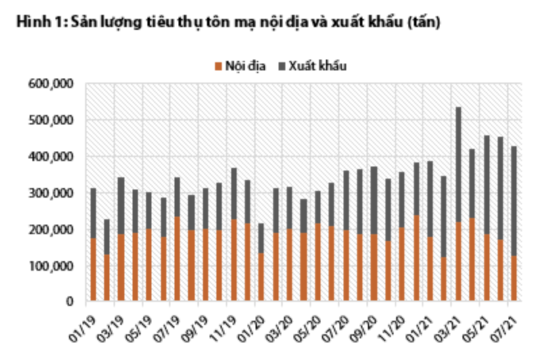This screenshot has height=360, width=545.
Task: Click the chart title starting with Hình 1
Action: coord(222,22)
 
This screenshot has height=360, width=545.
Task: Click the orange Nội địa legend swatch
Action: coord(218,66)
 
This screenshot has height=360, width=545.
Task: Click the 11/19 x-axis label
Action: coord(227,321)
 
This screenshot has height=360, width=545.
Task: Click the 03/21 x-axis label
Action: coord(453,321)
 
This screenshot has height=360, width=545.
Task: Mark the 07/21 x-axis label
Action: coord(510,321)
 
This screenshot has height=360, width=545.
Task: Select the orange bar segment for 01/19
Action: coord(93,269)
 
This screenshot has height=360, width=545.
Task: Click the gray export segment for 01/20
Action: coord(262,238)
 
